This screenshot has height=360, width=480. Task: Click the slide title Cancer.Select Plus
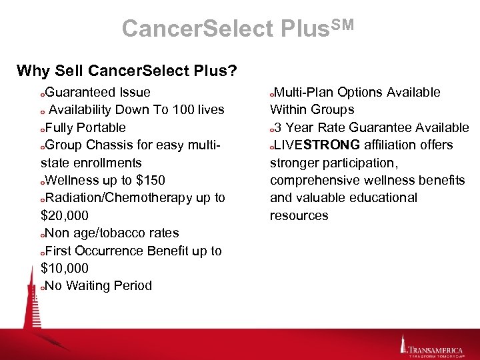point(237,28)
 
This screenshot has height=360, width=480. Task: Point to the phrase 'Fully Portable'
point(85,127)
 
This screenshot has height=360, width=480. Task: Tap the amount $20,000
point(64,215)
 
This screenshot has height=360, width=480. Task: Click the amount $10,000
point(64,268)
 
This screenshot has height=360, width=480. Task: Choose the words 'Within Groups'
point(311,109)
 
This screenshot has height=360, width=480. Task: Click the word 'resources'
point(299,215)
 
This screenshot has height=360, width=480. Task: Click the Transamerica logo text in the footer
point(438,349)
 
